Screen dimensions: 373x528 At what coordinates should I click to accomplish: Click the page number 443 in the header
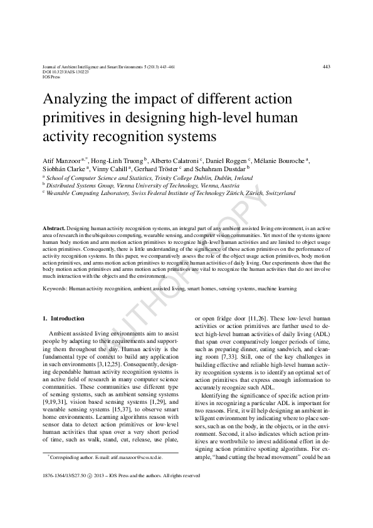tap(325, 66)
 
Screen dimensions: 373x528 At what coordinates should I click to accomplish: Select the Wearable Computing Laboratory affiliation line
tap(171, 194)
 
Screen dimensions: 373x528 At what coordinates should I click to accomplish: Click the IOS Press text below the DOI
tap(52, 77)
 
